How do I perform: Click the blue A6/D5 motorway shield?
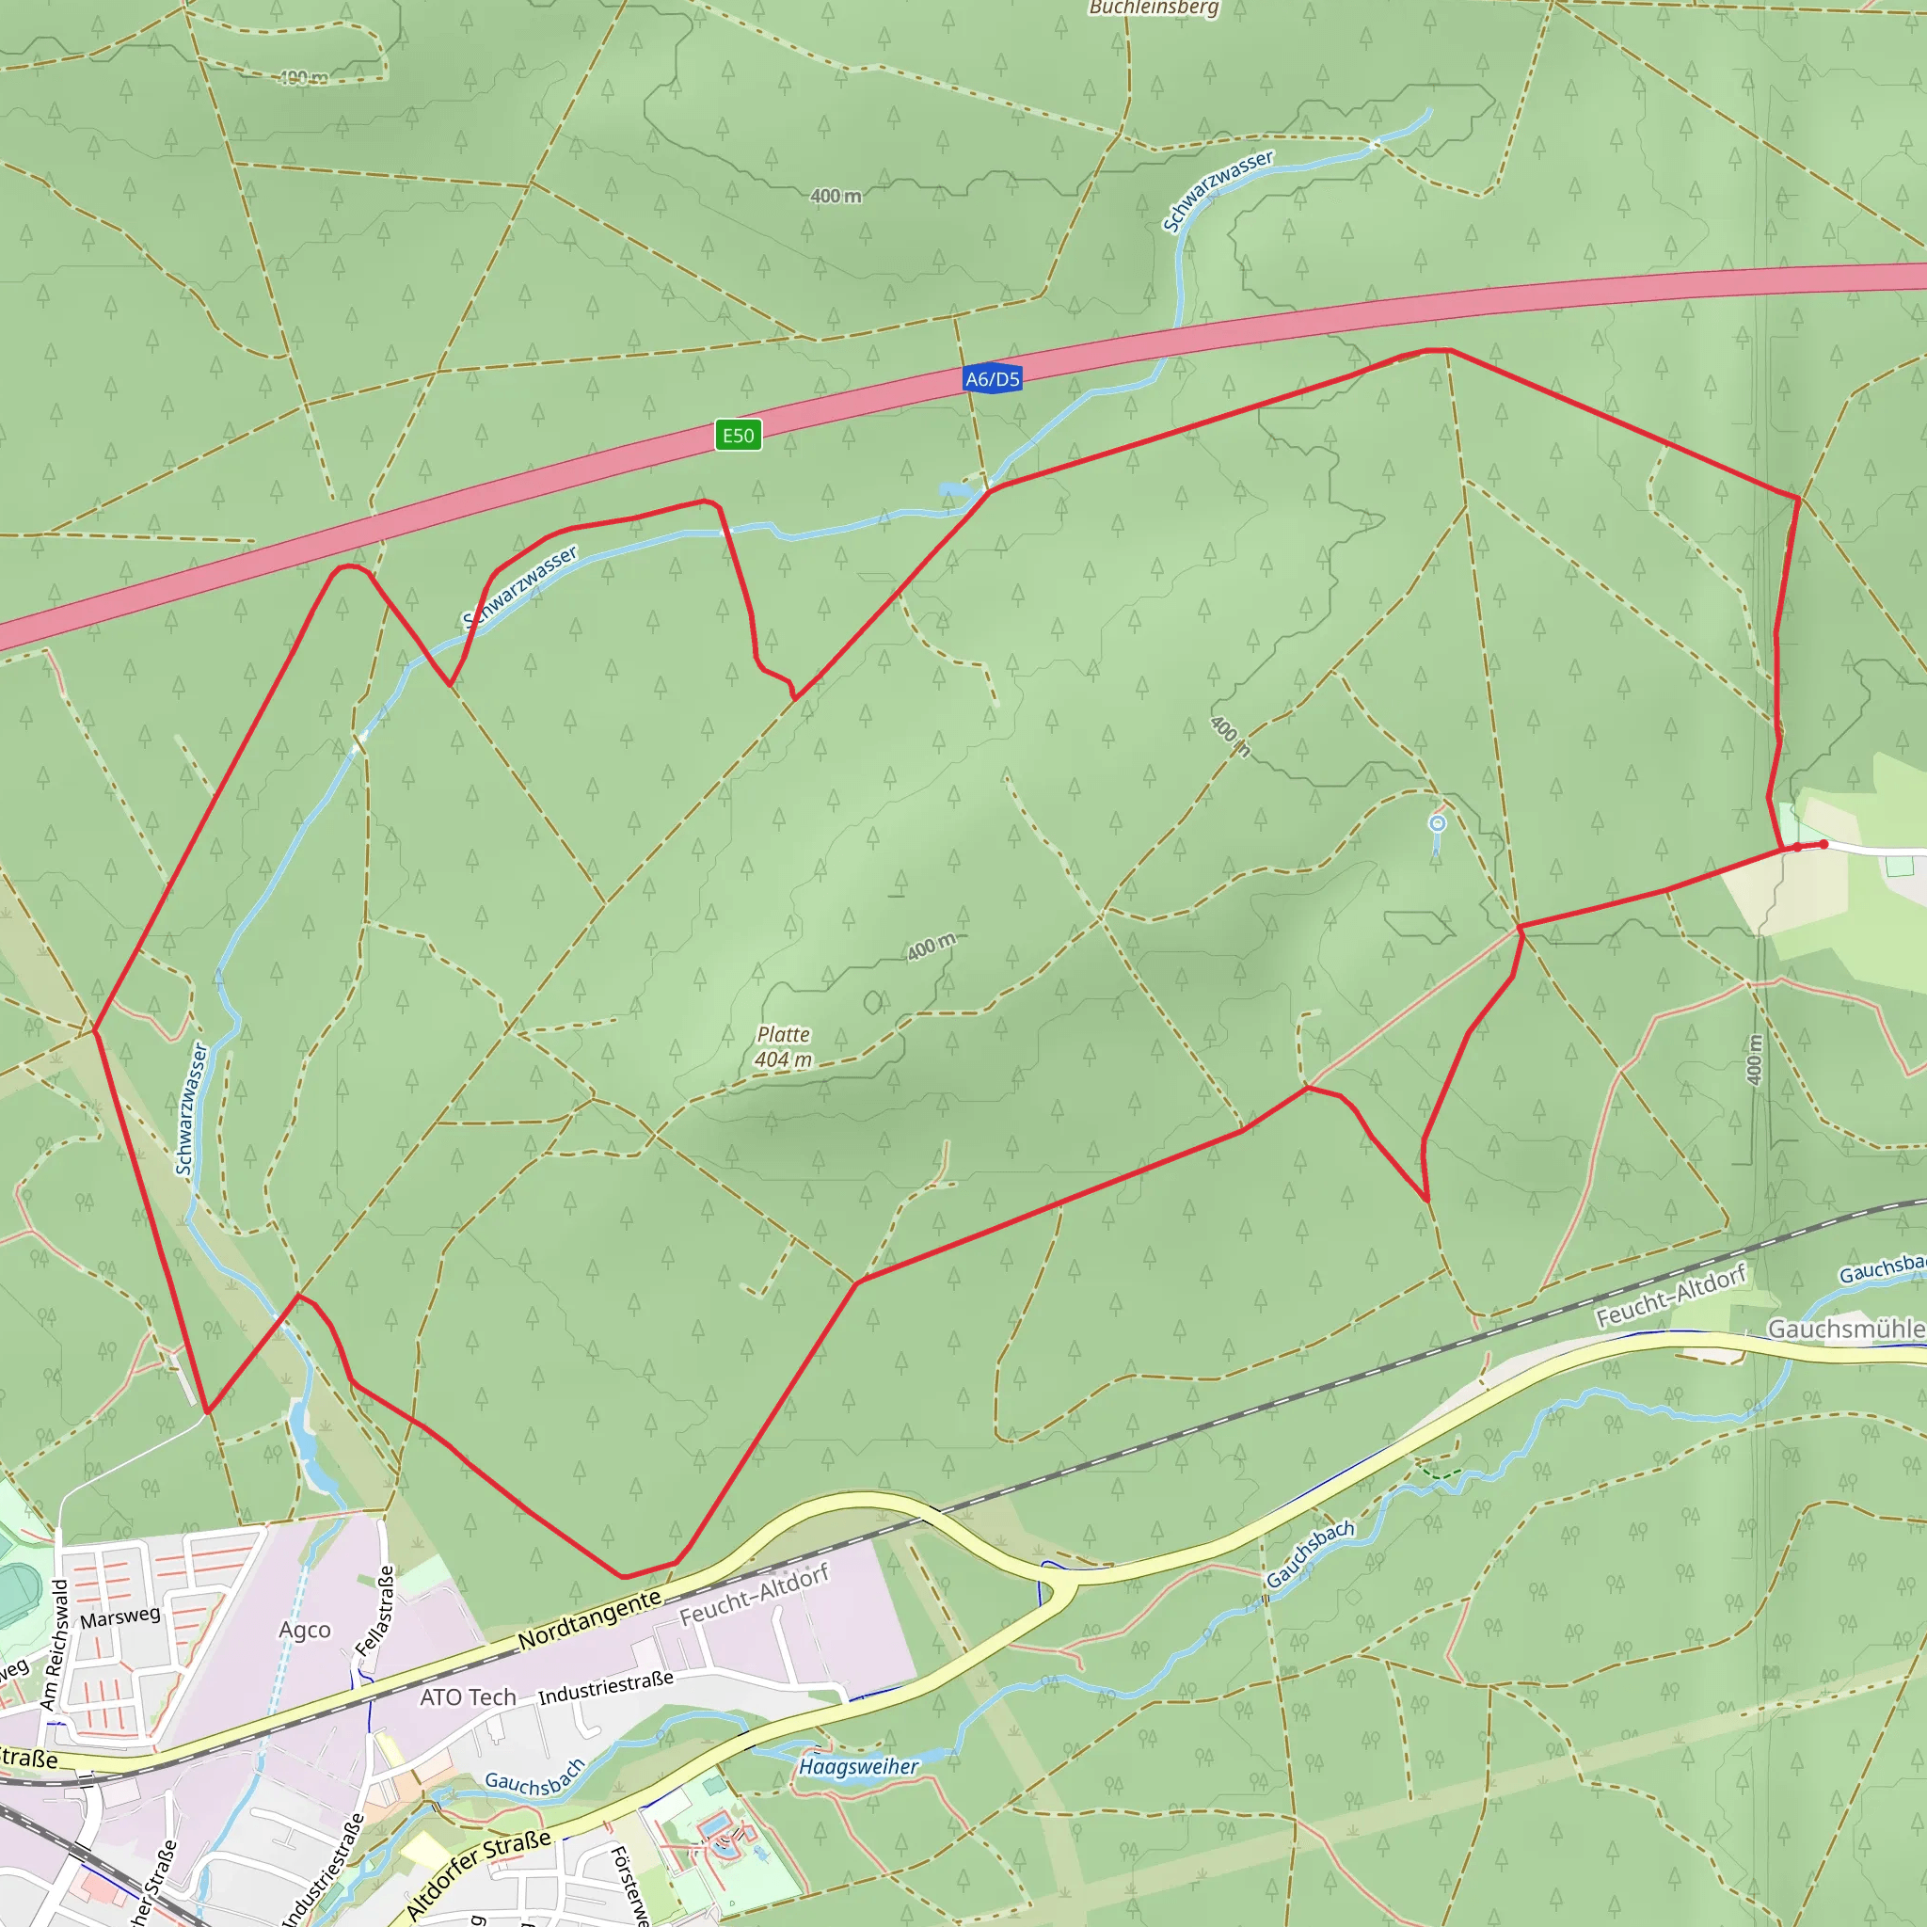pos(992,379)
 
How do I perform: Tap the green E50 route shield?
pos(738,435)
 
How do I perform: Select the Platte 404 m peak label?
pos(783,1047)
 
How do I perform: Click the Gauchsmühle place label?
pos(1845,1329)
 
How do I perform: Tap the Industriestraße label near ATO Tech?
pos(605,1688)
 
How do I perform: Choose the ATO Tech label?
pos(468,1696)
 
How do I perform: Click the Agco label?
pos(304,1630)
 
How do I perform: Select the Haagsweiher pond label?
pos(858,1766)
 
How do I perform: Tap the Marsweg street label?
pos(119,1616)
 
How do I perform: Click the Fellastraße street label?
pos(375,1611)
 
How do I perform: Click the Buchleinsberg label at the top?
pos(1153,8)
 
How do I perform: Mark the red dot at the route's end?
pos(1823,845)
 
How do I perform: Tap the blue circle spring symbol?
pos(1438,823)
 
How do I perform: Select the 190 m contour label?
pos(303,78)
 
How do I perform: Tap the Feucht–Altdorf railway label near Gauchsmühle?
pos(1671,1296)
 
